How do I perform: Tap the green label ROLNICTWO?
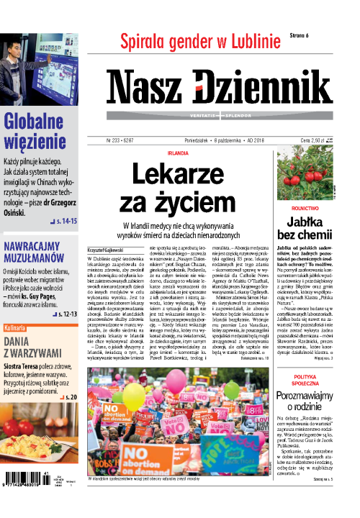click(x=307, y=206)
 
